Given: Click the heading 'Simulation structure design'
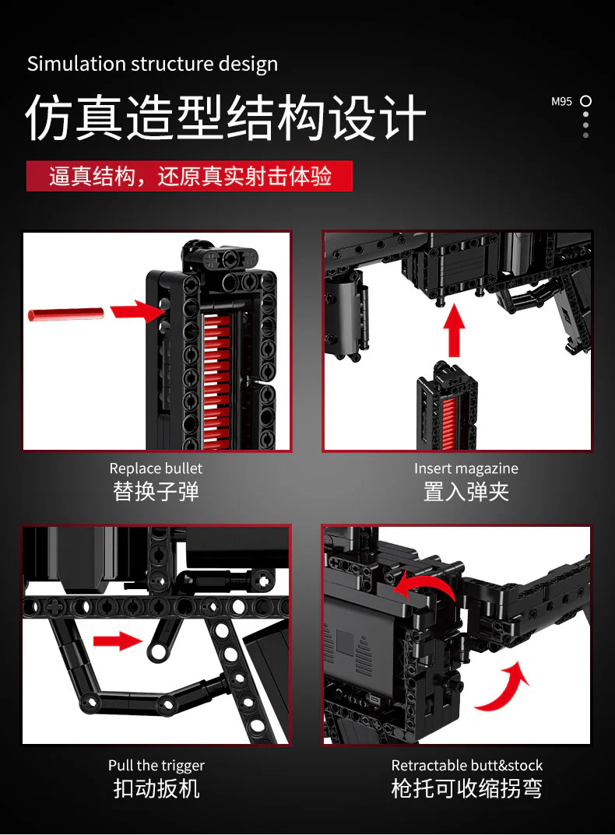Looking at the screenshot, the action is pyautogui.click(x=153, y=64).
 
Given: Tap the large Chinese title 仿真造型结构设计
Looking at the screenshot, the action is pyautogui.click(x=226, y=118).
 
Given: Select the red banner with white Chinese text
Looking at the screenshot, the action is pyautogui.click(x=190, y=176).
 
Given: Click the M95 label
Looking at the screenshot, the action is pyautogui.click(x=561, y=101).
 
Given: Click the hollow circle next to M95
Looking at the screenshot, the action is pyautogui.click(x=585, y=100).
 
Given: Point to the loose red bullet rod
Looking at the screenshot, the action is pyautogui.click(x=65, y=314).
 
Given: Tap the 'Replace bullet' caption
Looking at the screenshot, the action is pyautogui.click(x=156, y=468).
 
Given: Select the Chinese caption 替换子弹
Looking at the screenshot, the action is pyautogui.click(x=156, y=492).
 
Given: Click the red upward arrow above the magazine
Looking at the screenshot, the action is pyautogui.click(x=454, y=331).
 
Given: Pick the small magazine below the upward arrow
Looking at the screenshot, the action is pyautogui.click(x=447, y=405).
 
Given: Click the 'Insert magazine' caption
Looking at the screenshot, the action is pyautogui.click(x=466, y=468).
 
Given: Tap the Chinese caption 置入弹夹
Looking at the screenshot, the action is pyautogui.click(x=466, y=492).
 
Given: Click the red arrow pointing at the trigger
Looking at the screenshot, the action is pyautogui.click(x=118, y=640).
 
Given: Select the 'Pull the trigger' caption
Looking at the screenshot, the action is pyautogui.click(x=156, y=766).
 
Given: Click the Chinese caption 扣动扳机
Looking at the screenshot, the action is pyautogui.click(x=156, y=788).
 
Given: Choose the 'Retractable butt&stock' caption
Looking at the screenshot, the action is pyautogui.click(x=467, y=766).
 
